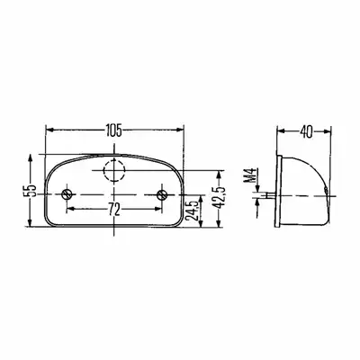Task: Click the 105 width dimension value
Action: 114,131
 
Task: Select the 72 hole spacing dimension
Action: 113,210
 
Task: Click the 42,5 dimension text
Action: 220,197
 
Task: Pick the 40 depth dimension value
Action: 307,132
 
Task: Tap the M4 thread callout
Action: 253,176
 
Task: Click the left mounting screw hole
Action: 67,194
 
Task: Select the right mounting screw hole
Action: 162,194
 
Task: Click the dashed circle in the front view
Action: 114,170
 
